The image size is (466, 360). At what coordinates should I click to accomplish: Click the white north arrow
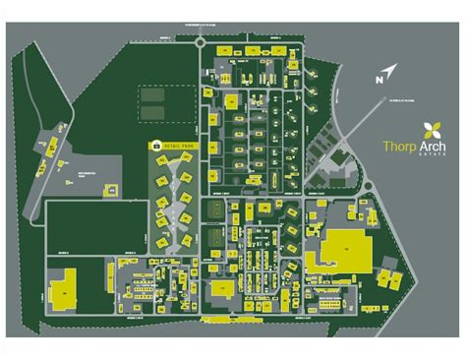387,72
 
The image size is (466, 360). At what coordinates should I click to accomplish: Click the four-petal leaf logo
431,128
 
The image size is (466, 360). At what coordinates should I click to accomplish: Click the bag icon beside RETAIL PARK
155,145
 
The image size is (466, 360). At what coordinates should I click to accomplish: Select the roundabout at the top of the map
202,41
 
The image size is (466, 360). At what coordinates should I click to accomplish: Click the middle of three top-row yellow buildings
252,48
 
